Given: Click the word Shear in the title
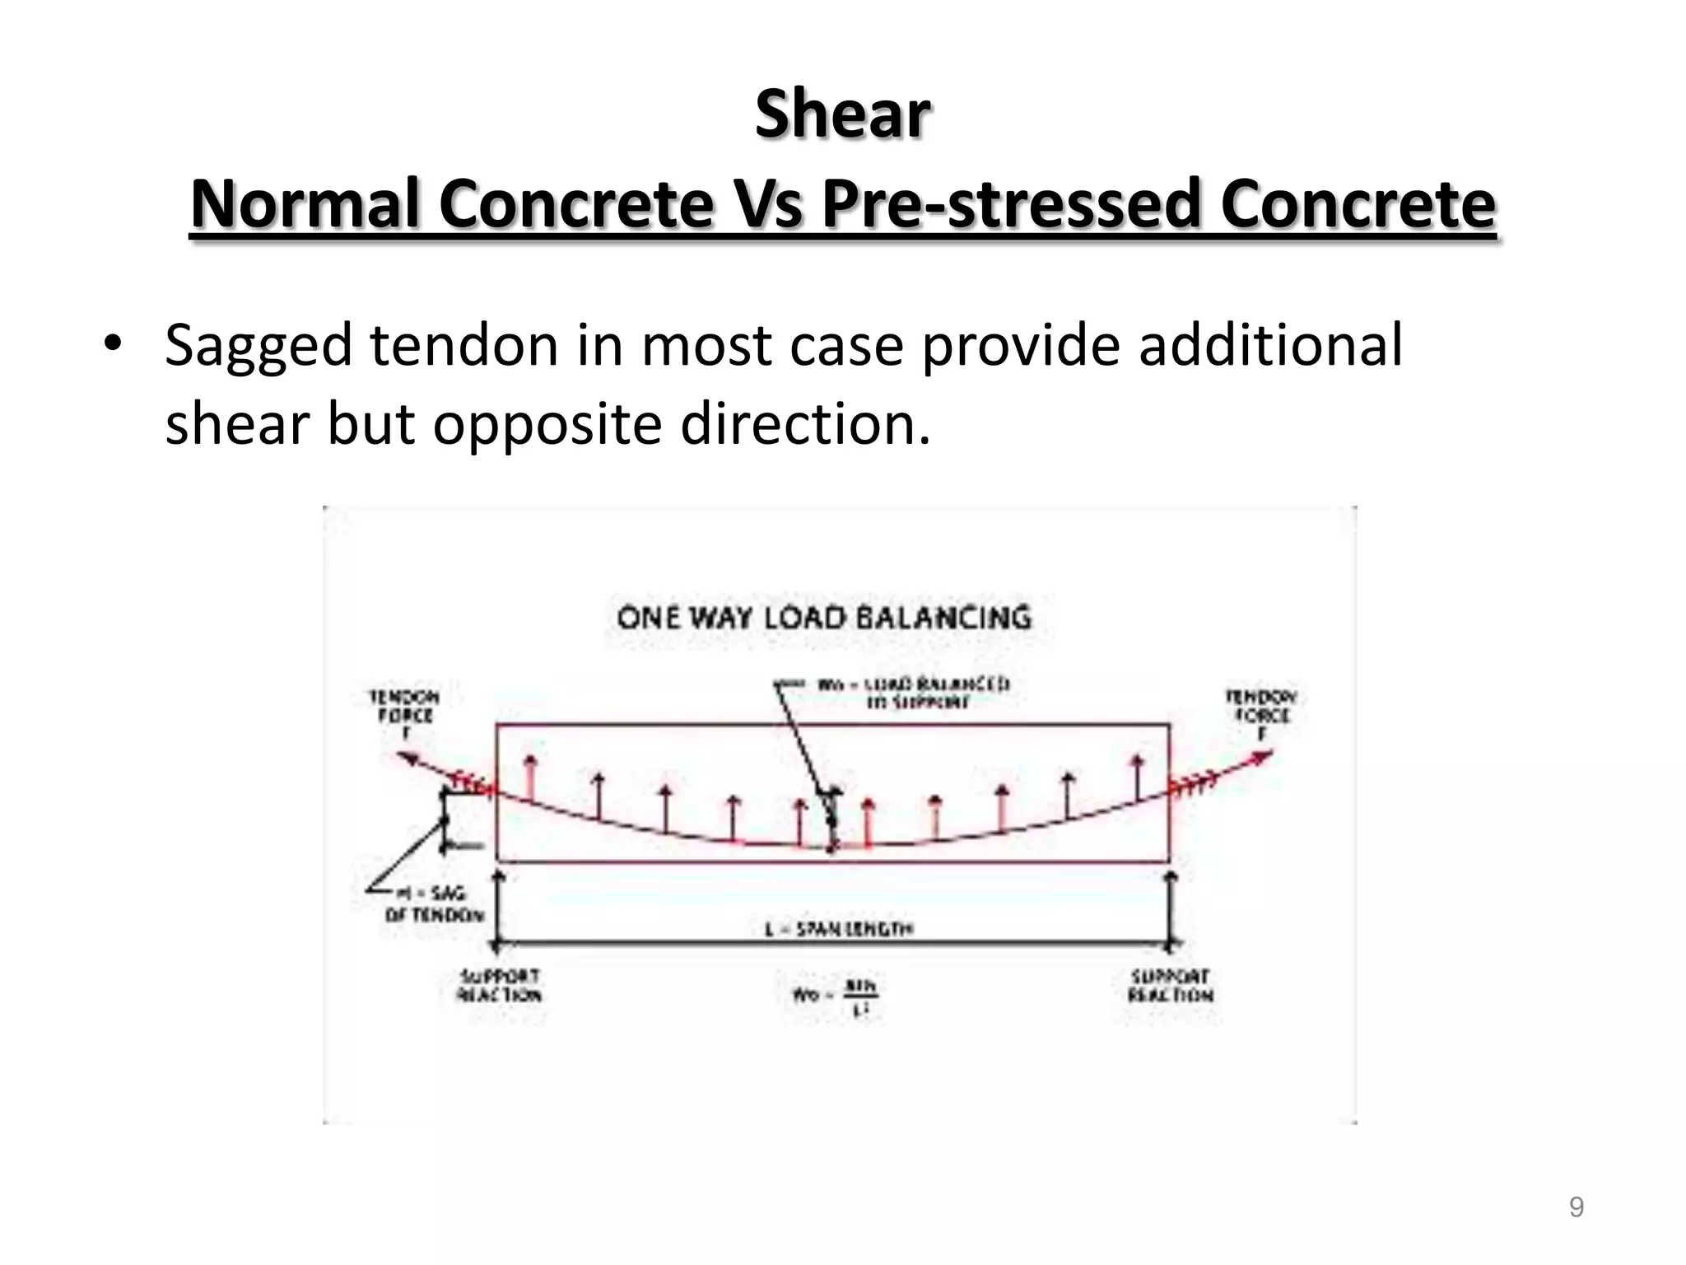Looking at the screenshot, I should pos(842,114).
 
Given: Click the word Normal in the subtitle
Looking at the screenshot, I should pos(305,204).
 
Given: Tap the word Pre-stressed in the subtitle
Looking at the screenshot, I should pos(1011,204).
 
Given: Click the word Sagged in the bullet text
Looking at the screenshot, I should pos(258,346).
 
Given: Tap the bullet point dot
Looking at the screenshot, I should pos(112,344).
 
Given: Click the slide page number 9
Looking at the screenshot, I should pos(1576,1207).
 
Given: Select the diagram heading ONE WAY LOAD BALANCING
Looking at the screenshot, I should pos(823,618).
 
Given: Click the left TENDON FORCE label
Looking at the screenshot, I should pos(404,713).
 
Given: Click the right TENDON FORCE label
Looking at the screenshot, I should pos(1261,713).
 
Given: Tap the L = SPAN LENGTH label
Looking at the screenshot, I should pos(838,929).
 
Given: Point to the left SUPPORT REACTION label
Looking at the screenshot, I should pos(500,986).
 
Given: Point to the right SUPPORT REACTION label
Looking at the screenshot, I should pos(1170,986).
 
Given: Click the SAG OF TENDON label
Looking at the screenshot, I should pos(434,903).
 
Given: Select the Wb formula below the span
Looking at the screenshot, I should pos(835,996).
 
